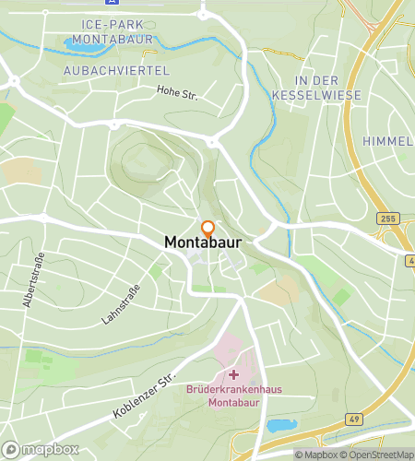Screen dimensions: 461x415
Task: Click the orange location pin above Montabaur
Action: point(207,229)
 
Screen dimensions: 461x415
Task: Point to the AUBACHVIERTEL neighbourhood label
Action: point(102,70)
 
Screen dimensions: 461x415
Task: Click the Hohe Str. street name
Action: point(179,90)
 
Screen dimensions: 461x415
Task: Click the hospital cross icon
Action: point(233,374)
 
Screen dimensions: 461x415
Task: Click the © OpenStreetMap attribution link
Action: point(380,455)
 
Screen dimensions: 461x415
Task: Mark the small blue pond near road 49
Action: point(280,425)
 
